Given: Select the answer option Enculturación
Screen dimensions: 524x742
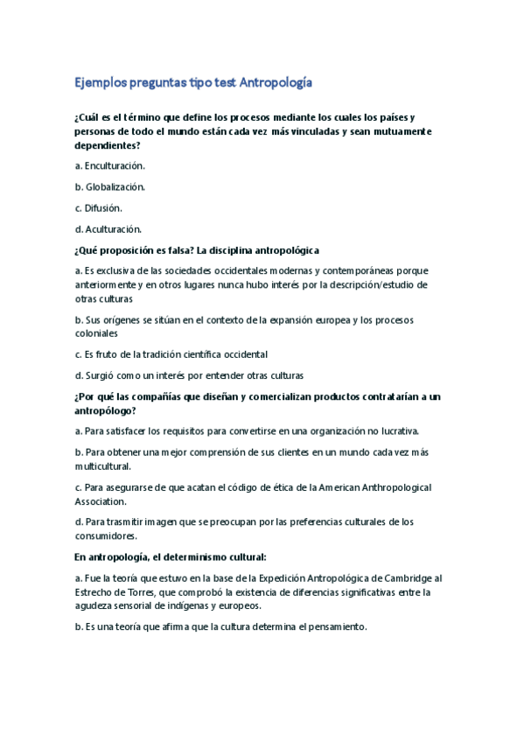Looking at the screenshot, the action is click(114, 164).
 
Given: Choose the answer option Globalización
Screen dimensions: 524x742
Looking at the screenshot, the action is click(114, 186).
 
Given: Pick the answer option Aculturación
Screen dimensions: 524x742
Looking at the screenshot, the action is click(113, 229).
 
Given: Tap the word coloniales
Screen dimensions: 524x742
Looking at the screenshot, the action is click(98, 333).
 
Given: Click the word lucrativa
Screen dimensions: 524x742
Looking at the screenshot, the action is click(399, 430).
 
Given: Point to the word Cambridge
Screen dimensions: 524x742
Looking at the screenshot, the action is click(405, 577).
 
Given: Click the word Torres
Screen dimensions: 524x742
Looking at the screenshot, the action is click(129, 592).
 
